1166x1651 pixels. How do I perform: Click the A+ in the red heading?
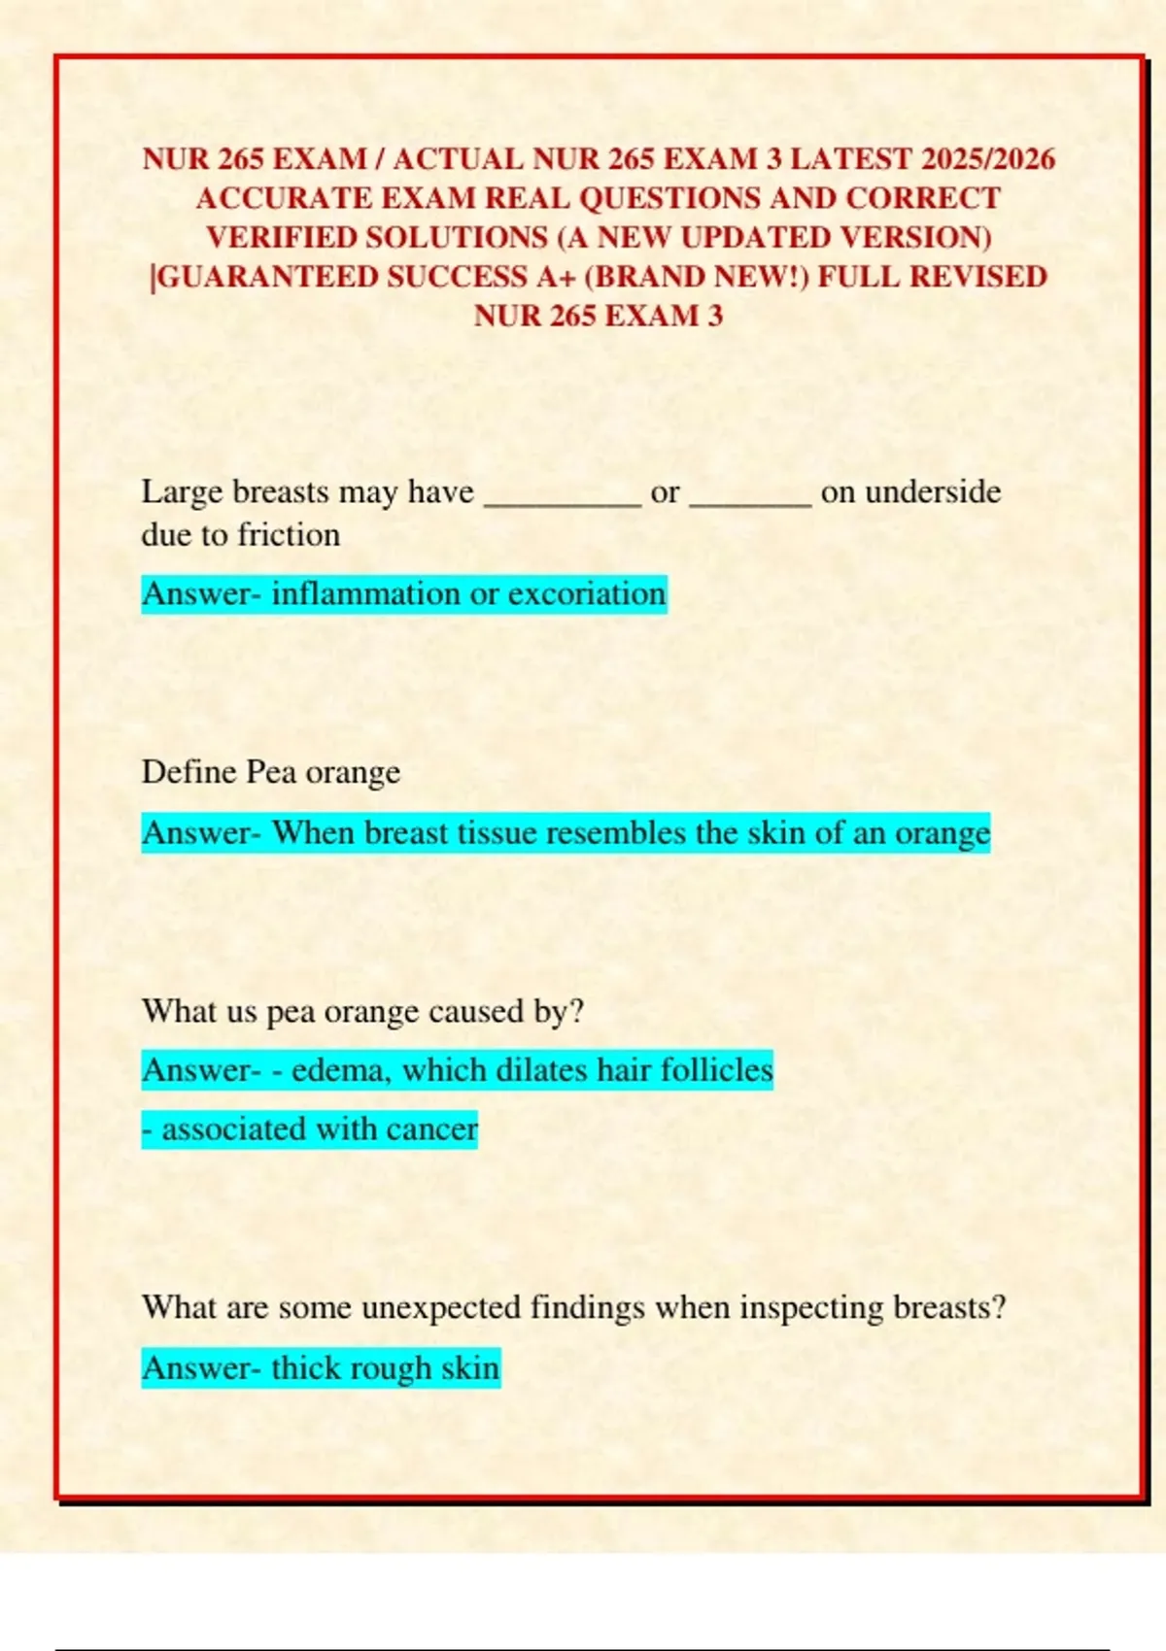(557, 277)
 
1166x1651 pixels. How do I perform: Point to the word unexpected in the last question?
(440, 1308)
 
